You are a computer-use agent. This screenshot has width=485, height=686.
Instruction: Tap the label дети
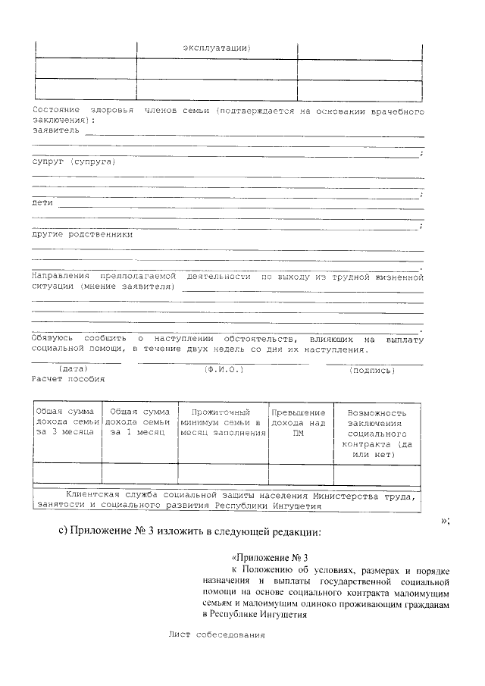pos(42,202)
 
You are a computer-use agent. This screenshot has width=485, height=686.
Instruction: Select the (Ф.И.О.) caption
pos(222,369)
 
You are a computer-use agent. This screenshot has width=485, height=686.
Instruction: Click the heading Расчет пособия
pos(68,378)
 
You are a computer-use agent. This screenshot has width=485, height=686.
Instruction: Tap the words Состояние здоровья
pos(79,111)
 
